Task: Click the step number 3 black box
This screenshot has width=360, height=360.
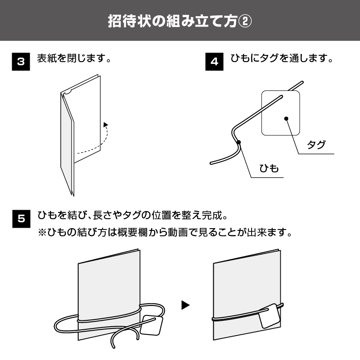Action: [x=21, y=62]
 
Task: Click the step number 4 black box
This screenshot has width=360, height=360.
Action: [x=214, y=62]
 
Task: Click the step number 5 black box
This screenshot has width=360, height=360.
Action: [x=21, y=219]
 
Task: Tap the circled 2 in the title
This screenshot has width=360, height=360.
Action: [x=245, y=21]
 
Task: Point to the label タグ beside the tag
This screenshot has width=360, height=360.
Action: [x=316, y=144]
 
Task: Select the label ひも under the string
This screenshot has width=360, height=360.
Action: [x=269, y=168]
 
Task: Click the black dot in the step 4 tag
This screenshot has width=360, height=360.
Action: [x=286, y=118]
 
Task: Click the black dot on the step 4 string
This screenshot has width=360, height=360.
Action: [x=239, y=142]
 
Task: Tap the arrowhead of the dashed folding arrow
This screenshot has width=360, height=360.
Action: [x=106, y=125]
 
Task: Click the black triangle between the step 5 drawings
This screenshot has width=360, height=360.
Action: [x=185, y=305]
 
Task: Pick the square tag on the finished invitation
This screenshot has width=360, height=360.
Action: [x=270, y=316]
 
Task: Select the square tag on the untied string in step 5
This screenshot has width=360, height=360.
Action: [x=151, y=325]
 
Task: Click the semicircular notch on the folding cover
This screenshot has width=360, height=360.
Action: [x=67, y=92]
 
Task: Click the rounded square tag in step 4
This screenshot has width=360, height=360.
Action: [x=280, y=113]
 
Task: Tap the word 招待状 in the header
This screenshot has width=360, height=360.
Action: [x=130, y=21]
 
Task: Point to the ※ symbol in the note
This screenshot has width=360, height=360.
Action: [x=42, y=232]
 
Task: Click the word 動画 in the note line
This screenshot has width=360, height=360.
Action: [x=177, y=232]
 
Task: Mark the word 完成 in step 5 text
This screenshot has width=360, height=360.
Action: [x=211, y=216]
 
